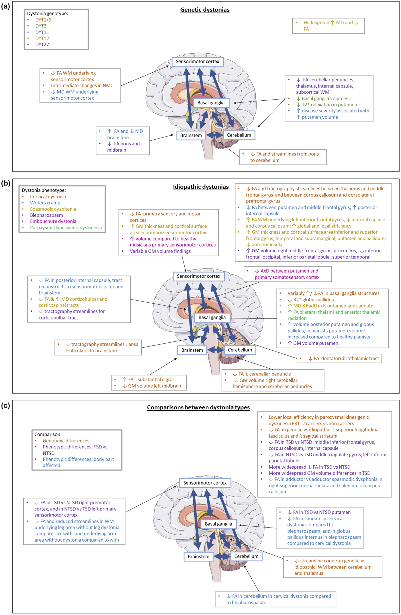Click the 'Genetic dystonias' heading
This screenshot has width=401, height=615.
pyautogui.click(x=205, y=10)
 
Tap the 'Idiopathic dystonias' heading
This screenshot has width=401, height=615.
pyautogui.click(x=201, y=187)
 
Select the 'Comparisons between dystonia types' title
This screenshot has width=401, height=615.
pyautogui.click(x=198, y=408)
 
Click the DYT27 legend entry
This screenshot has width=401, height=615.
pyautogui.click(x=42, y=44)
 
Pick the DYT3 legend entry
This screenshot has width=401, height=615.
pyautogui.click(x=41, y=26)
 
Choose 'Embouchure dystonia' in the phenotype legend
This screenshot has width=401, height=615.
pyautogui.click(x=53, y=221)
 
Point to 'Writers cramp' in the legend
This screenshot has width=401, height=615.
pyautogui.click(x=45, y=203)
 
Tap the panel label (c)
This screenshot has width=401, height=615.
pyautogui.click(x=6, y=406)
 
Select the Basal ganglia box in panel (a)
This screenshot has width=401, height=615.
pyautogui.click(x=211, y=103)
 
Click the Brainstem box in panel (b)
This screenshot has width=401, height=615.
pyautogui.click(x=192, y=350)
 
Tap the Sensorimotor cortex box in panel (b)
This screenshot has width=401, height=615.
pyautogui.click(x=198, y=276)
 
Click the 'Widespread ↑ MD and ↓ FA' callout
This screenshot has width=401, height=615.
pyautogui.click(x=328, y=26)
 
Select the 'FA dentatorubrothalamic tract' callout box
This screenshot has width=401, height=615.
pyautogui.click(x=339, y=358)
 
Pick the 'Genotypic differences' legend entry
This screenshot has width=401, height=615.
pyautogui.click(x=66, y=440)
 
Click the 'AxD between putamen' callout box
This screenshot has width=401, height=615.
pyautogui.click(x=288, y=274)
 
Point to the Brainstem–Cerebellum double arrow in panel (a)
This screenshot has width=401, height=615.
pyautogui.click(x=214, y=135)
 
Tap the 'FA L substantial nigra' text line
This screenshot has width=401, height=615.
pyautogui.click(x=147, y=379)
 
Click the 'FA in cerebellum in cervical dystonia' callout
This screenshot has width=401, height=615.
pyautogui.click(x=275, y=599)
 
